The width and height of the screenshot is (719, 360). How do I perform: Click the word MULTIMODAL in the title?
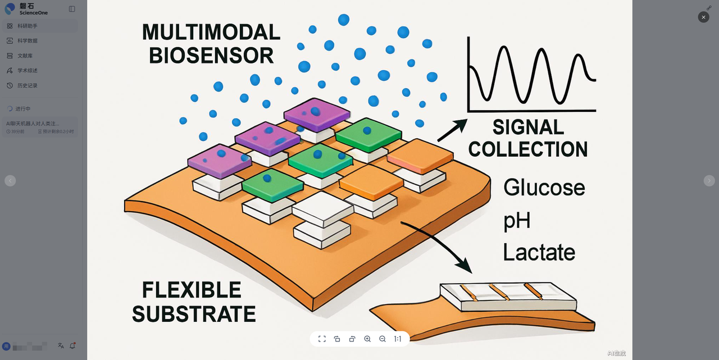tap(211, 32)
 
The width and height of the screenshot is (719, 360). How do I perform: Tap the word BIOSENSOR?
tap(211, 56)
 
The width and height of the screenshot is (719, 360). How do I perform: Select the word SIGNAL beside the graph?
tap(528, 127)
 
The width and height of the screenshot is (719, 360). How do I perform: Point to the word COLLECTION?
tap(528, 149)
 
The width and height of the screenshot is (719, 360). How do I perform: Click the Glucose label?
tap(544, 188)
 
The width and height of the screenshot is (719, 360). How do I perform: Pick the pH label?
tap(517, 221)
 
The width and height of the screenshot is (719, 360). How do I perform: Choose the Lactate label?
tap(539, 252)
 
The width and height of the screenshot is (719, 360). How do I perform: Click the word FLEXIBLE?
tap(192, 290)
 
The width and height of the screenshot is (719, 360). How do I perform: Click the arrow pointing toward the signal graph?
tap(452, 130)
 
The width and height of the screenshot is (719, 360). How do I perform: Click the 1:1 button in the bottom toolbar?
tap(398, 339)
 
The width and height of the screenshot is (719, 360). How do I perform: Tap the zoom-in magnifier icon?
tap(367, 339)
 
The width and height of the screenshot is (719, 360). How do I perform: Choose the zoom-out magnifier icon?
tap(383, 339)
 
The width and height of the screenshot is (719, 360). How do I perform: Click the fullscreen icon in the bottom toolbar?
tap(322, 339)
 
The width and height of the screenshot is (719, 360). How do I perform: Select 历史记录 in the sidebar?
tap(28, 85)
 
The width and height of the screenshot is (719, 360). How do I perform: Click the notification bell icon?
tap(72, 346)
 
